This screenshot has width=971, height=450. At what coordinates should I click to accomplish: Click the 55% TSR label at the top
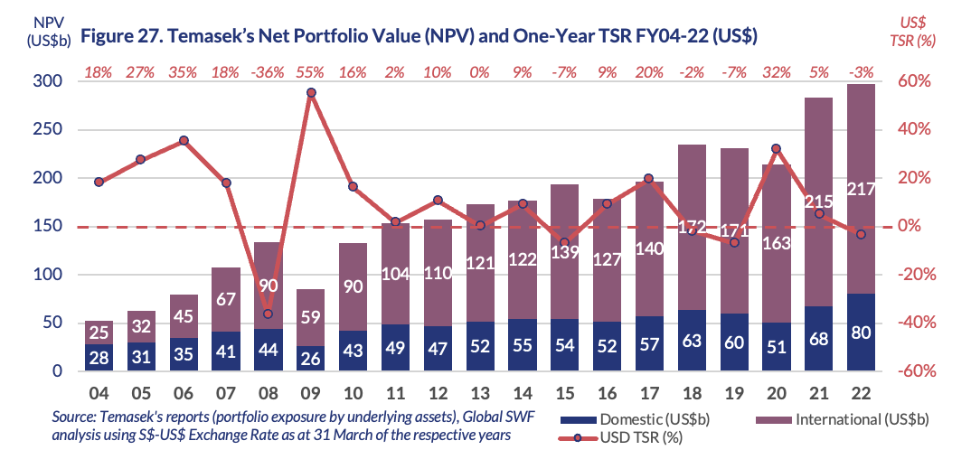pyautogui.click(x=311, y=72)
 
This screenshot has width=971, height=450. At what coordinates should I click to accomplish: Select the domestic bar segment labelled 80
pyautogui.click(x=862, y=332)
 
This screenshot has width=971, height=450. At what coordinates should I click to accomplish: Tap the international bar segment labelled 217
pyautogui.click(x=862, y=189)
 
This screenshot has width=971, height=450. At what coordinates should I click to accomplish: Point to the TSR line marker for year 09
pyautogui.click(x=311, y=92)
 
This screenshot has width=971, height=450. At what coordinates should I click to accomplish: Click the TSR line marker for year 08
pyautogui.click(x=268, y=314)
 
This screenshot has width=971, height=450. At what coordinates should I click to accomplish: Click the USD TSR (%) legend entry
pyautogui.click(x=633, y=437)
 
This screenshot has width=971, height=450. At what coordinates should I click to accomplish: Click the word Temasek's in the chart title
pyautogui.click(x=182, y=36)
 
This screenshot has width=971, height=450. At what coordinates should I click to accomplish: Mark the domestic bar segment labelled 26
pyautogui.click(x=311, y=358)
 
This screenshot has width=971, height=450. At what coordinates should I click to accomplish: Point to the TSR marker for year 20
pyautogui.click(x=776, y=148)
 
